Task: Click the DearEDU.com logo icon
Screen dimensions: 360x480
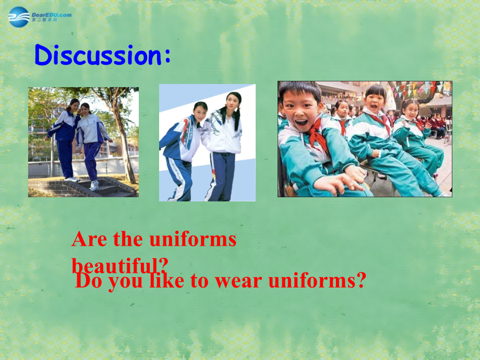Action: click(19, 17)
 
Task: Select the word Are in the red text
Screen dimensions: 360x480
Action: click(89, 239)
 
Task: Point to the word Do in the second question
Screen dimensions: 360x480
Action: click(89, 281)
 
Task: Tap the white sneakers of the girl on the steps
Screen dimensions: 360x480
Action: click(94, 185)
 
